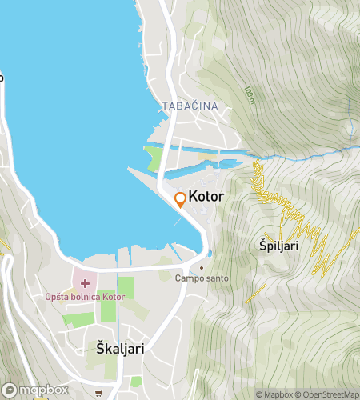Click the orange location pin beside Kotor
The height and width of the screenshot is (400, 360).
(180, 199)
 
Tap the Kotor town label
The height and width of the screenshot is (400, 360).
(206, 196)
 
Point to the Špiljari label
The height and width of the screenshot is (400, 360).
(279, 246)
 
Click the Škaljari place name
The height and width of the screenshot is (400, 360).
(108, 348)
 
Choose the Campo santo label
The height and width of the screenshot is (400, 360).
(202, 278)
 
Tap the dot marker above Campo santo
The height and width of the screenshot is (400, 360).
(202, 267)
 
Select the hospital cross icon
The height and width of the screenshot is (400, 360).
(86, 283)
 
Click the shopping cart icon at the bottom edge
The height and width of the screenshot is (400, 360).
(98, 394)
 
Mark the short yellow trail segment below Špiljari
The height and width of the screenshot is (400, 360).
(256, 293)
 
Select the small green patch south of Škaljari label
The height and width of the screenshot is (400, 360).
(135, 381)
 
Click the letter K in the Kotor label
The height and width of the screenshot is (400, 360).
(193, 196)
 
